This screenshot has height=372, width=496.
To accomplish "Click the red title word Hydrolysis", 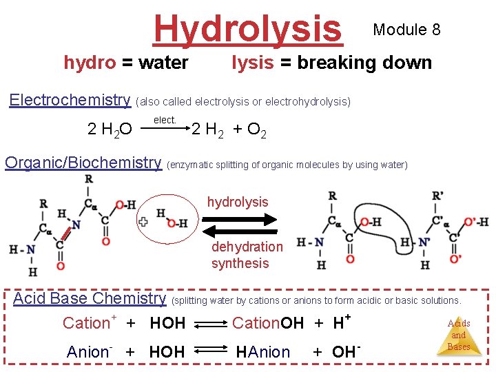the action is pyautogui.click(x=247, y=29).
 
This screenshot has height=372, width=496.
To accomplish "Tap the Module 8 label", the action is pyautogui.click(x=406, y=30).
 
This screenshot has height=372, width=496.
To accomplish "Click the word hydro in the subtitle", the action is pyautogui.click(x=90, y=63).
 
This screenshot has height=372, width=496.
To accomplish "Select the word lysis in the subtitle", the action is pyautogui.click(x=252, y=63).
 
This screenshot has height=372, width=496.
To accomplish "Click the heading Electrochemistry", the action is pyautogui.click(x=70, y=101).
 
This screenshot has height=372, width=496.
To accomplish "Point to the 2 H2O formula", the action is pyautogui.click(x=110, y=130).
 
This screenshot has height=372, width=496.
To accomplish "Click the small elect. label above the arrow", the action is pyautogui.click(x=165, y=120).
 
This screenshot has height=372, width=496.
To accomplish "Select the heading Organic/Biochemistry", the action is pyautogui.click(x=83, y=163).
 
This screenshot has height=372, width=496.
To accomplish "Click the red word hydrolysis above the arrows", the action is pyautogui.click(x=238, y=202).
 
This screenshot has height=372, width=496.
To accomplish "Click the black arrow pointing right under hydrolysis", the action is pyautogui.click(x=238, y=220).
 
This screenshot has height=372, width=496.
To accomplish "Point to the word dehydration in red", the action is pyautogui.click(x=247, y=247).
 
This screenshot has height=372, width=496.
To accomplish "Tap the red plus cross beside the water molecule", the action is pyautogui.click(x=143, y=222).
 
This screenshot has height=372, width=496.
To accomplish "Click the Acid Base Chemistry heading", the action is pyautogui.click(x=90, y=299).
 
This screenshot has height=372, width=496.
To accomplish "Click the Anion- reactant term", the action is pyautogui.click(x=90, y=351).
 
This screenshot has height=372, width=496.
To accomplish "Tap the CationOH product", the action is pyautogui.click(x=268, y=322).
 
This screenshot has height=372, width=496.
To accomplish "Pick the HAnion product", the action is pyautogui.click(x=263, y=352).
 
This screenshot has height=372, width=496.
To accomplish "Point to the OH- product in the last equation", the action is pyautogui.click(x=347, y=351).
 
